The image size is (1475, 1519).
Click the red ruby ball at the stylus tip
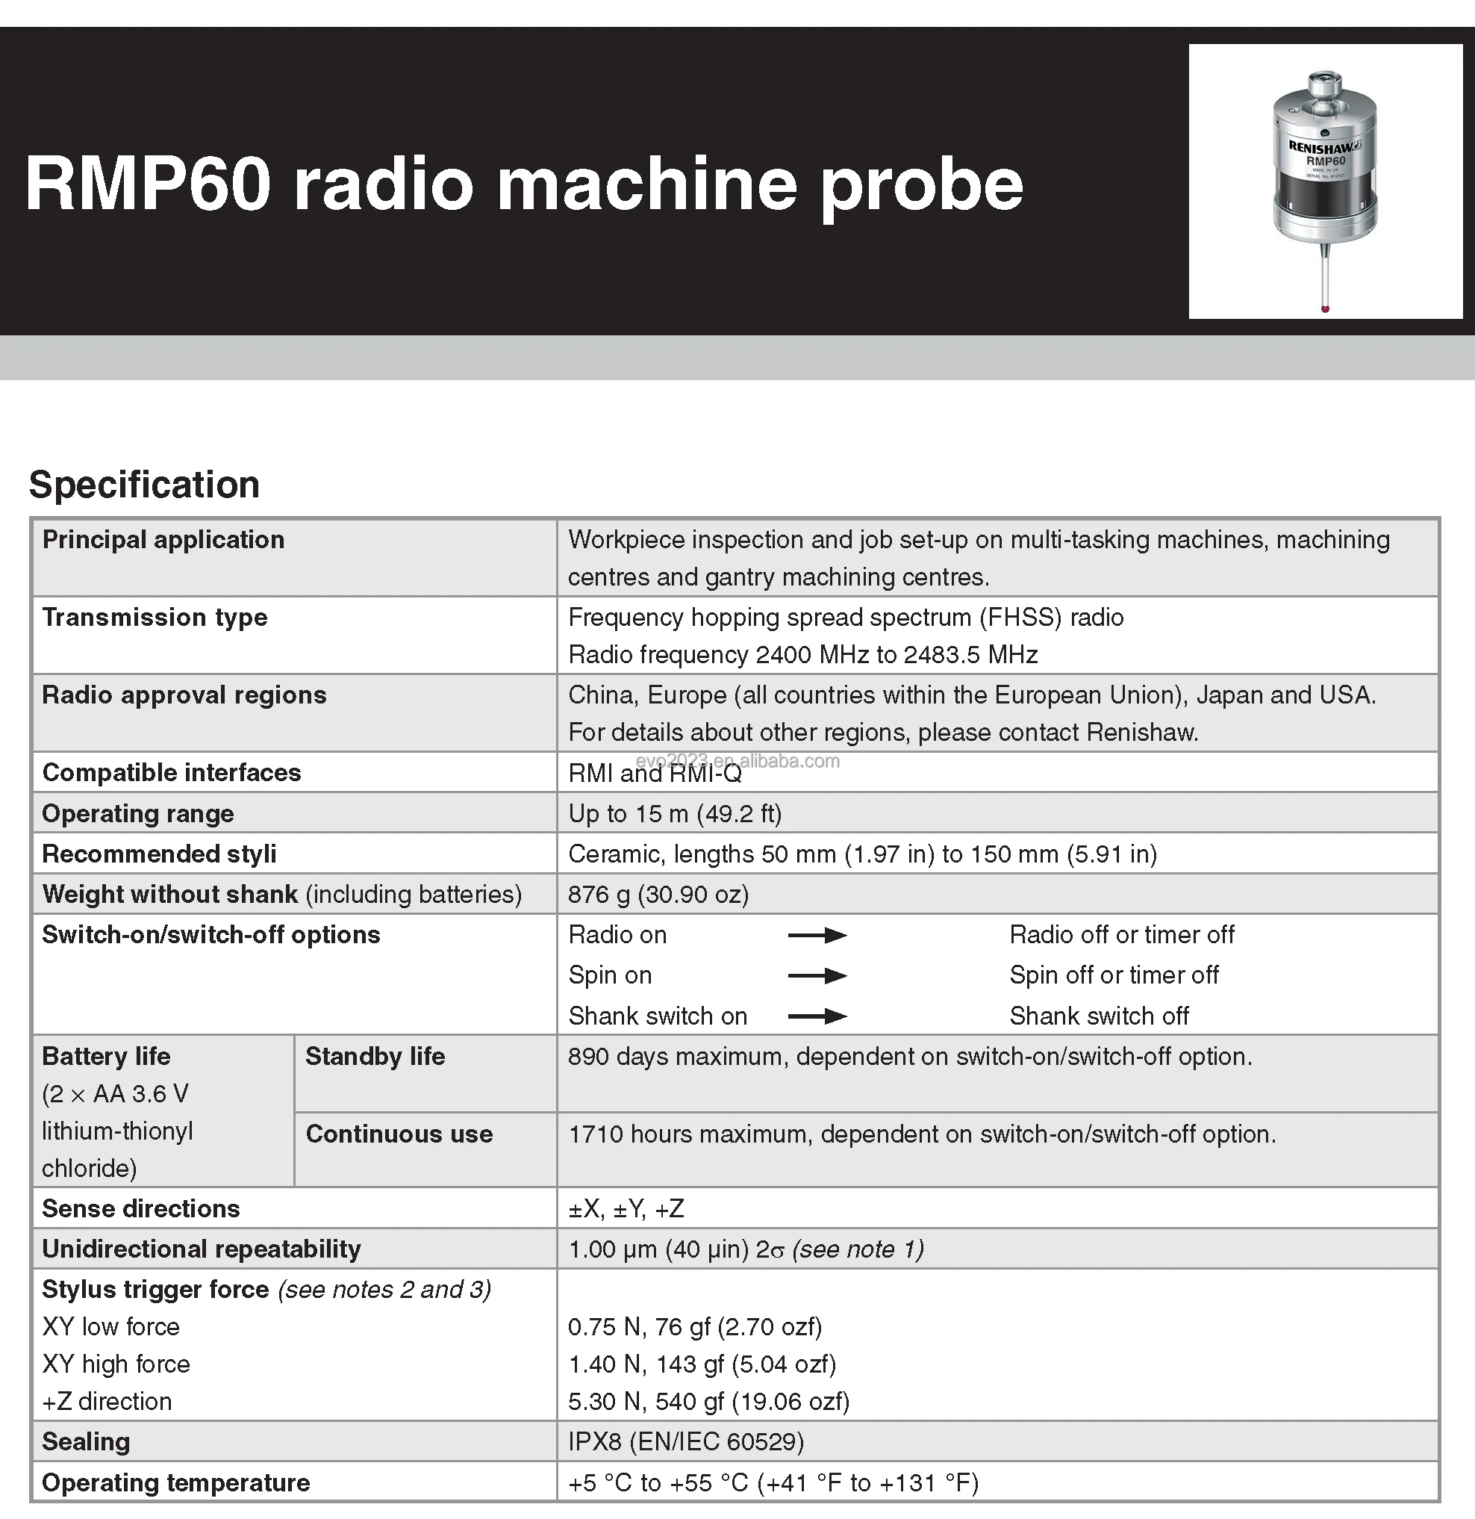coord(1325,309)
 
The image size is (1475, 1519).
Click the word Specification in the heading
coord(144,485)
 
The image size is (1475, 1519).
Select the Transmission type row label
coord(155,618)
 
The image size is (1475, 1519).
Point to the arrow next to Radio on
coord(817,936)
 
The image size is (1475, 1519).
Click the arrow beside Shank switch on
coord(817,1016)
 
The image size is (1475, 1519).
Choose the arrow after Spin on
coord(817,976)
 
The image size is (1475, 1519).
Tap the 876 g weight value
coord(658,895)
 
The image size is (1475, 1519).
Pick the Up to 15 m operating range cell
coord(675,814)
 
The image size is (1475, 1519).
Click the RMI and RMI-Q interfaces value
coord(655,774)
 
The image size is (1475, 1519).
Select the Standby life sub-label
coord(375,1056)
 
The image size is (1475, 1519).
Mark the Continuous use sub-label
coord(399,1134)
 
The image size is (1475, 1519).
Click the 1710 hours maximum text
coord(690,1134)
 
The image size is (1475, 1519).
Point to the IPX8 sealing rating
coord(685,1442)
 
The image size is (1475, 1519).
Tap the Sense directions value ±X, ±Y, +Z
coord(626,1209)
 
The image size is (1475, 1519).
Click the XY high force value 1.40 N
coord(702,1364)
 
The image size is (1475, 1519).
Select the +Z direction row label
coord(107,1401)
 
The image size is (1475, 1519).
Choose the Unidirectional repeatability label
coord(202,1249)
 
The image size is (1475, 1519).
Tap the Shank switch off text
coord(1099,1016)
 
